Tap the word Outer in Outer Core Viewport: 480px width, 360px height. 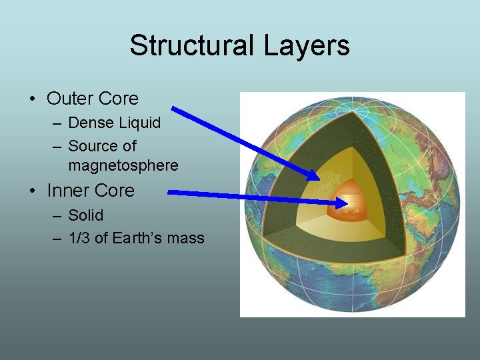click(x=69, y=99)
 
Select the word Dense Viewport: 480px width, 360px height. click(x=92, y=123)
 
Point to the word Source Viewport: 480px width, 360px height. click(x=93, y=145)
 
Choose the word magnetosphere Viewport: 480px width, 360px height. click(x=123, y=165)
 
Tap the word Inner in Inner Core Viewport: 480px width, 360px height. click(x=68, y=191)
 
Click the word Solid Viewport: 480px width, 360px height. click(x=86, y=215)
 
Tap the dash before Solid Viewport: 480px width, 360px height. click(x=56, y=216)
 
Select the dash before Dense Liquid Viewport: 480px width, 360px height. click(x=56, y=123)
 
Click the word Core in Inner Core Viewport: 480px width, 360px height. click(x=114, y=191)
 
